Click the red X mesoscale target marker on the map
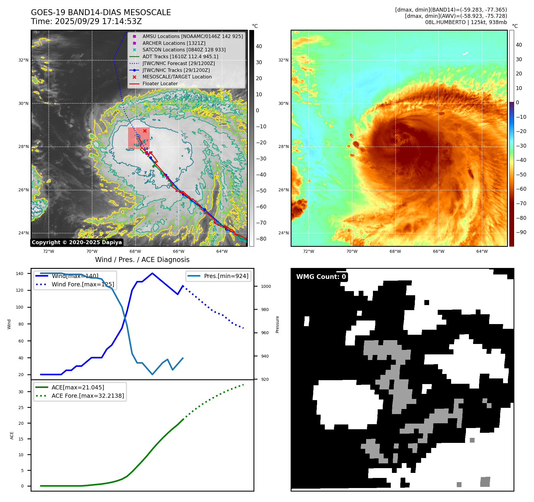[x=145, y=131]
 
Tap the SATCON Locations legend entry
[x=184, y=50]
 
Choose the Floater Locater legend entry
[x=160, y=83]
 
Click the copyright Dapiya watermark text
[x=77, y=242]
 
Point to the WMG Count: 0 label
[x=321, y=277]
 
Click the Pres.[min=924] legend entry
[x=226, y=276]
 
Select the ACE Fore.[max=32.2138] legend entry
[x=88, y=396]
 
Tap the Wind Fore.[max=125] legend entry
[x=83, y=284]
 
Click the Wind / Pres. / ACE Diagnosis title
[x=142, y=260]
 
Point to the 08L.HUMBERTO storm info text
[x=466, y=22]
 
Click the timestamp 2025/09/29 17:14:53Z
[x=98, y=21]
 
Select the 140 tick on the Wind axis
[x=20, y=274]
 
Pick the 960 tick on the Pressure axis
[x=264, y=333]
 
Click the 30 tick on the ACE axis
[x=21, y=392]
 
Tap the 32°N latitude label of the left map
[x=23, y=60]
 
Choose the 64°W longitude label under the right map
[x=482, y=251]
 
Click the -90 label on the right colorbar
[x=521, y=232]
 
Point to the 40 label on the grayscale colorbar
[x=259, y=46]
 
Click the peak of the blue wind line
[x=152, y=273]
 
